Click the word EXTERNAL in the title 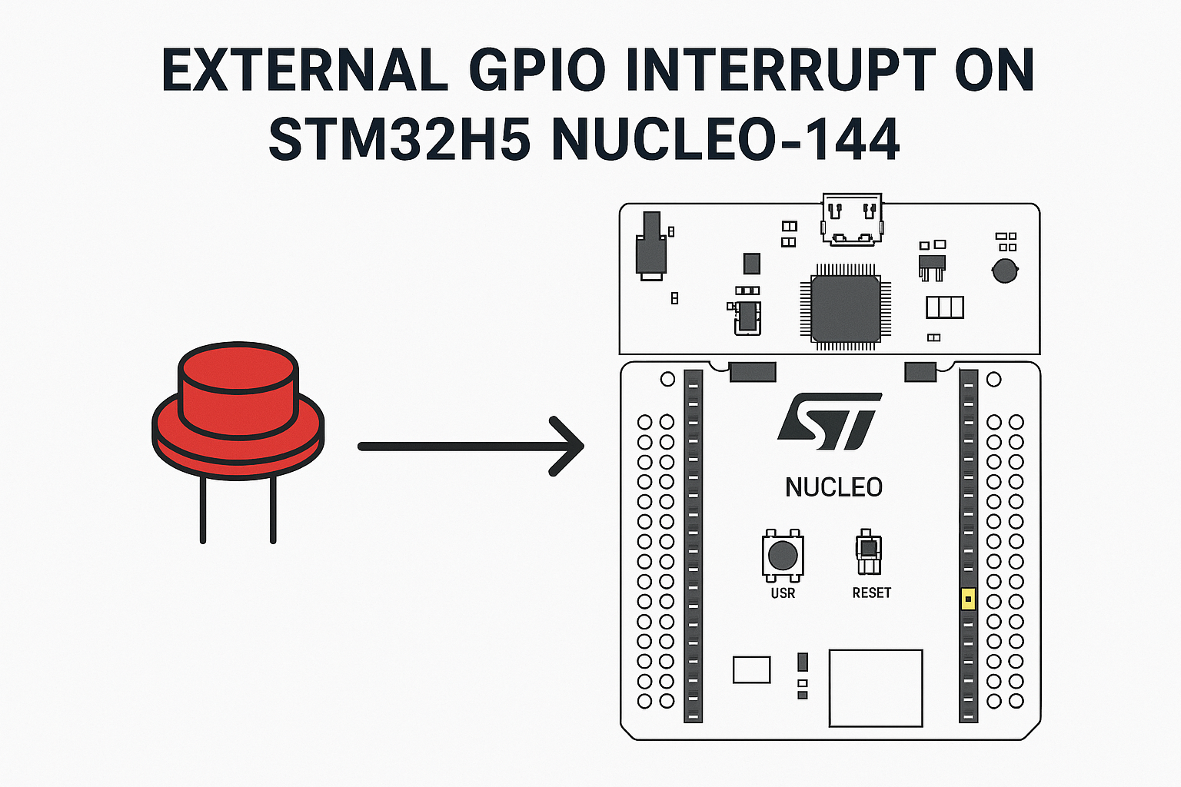(304, 70)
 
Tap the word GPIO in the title (537, 70)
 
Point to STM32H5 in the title (399, 138)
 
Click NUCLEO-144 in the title (726, 138)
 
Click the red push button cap (238, 390)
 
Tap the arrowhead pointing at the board (566, 447)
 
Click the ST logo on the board (830, 421)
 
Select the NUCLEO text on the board (833, 487)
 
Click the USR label (783, 593)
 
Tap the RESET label (871, 593)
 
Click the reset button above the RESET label (869, 551)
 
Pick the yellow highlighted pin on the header (968, 599)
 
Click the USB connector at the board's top (852, 219)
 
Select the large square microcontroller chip (846, 308)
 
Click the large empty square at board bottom (876, 689)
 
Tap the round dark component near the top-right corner (1005, 271)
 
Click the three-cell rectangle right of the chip (945, 307)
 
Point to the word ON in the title (994, 70)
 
